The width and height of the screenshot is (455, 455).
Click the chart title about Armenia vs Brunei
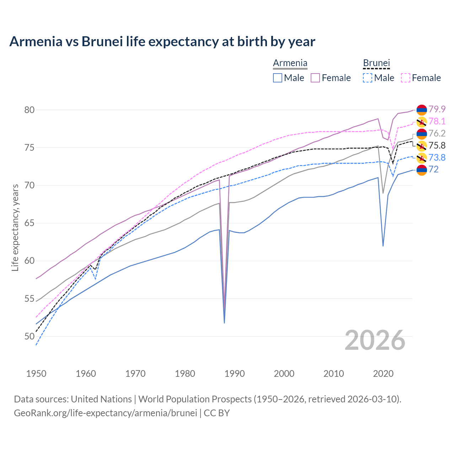click(x=162, y=42)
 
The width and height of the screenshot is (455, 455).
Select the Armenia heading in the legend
click(x=290, y=63)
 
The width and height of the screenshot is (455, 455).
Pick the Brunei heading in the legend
click(x=376, y=63)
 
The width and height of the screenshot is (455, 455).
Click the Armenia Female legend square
click(x=315, y=78)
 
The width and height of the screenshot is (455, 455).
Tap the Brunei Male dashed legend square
click(x=368, y=78)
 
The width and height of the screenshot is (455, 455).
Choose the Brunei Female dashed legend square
click(x=406, y=78)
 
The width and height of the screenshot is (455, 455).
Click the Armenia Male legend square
click(x=278, y=78)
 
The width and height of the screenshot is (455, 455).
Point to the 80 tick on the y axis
click(x=30, y=110)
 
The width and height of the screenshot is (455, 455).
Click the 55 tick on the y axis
click(x=30, y=299)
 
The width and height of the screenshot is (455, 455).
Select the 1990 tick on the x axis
click(x=235, y=374)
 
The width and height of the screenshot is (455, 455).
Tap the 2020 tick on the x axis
click(x=383, y=374)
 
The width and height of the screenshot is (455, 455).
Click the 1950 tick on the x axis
click(x=36, y=374)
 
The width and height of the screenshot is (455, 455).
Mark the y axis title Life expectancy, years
click(x=15, y=227)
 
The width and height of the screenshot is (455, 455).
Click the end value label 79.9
click(x=437, y=109)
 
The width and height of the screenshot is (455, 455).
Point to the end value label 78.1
click(x=437, y=121)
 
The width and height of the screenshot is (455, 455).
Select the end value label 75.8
click(x=437, y=145)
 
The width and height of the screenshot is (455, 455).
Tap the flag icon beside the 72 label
click(x=422, y=170)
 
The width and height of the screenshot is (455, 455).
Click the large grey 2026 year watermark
click(x=375, y=340)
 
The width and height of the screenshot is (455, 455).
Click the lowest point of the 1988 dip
click(x=224, y=323)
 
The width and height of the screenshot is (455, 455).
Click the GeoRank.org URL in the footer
click(x=105, y=413)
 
